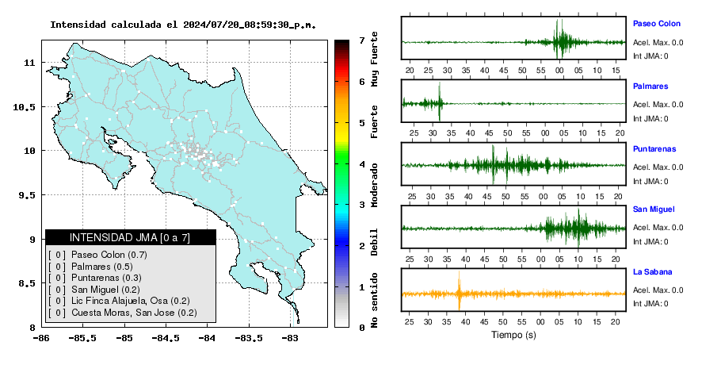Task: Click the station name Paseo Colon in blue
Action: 657,24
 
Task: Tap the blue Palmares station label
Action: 650,86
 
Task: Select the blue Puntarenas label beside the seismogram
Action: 654,148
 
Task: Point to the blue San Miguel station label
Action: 654,209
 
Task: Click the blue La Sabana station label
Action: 653,271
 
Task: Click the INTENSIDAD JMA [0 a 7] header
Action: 130,237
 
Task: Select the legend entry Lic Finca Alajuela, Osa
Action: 131,301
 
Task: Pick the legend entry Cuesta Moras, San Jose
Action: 134,313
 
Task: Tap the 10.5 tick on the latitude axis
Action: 25,107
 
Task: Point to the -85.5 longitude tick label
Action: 82,338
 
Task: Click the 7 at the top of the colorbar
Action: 362,40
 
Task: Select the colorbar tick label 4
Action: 362,164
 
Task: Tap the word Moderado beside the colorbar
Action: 374,185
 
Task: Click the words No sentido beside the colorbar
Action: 374,300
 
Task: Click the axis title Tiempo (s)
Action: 513,335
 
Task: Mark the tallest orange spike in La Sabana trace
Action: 459,290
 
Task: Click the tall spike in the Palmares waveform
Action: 440,102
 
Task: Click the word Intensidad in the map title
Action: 78,25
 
